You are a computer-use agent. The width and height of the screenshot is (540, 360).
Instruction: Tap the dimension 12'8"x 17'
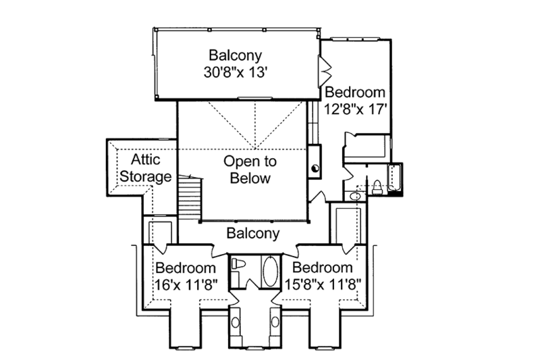click(355, 108)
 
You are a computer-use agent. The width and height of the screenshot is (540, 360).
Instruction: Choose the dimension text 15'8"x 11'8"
click(323, 284)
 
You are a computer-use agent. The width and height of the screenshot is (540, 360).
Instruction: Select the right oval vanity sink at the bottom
click(275, 322)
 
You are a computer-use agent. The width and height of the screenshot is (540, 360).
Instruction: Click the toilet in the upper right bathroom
click(377, 188)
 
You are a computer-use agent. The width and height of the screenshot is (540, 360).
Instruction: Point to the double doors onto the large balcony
click(324, 69)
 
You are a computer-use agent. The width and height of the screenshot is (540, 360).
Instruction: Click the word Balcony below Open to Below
click(252, 234)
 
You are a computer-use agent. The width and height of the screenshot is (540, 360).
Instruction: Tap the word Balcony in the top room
click(235, 54)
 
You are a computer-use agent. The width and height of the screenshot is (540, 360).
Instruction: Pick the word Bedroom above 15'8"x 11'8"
click(323, 268)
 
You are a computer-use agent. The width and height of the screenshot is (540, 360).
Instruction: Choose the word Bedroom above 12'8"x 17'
click(355, 93)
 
